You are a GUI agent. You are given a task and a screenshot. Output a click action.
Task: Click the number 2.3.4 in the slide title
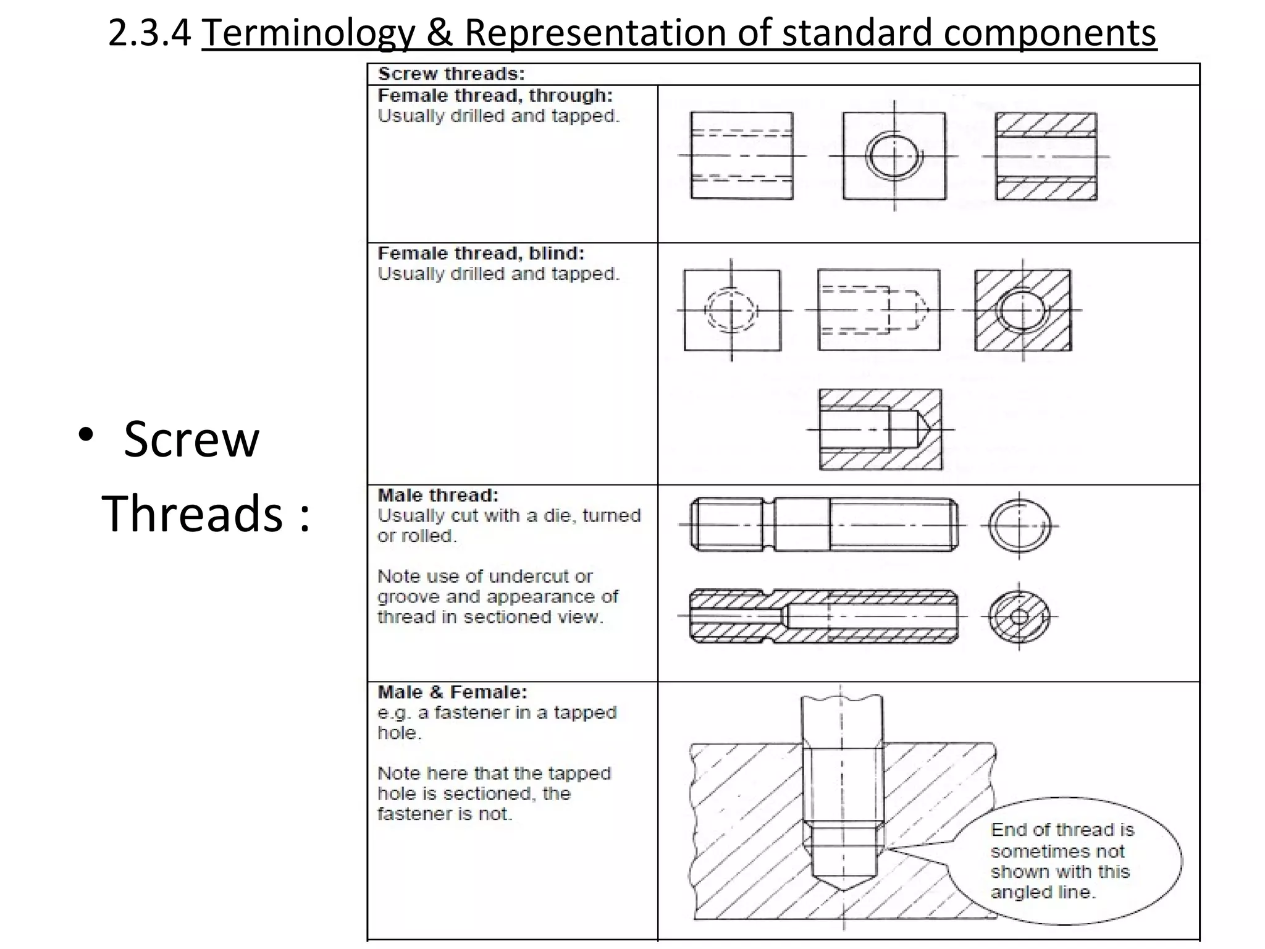(x=149, y=33)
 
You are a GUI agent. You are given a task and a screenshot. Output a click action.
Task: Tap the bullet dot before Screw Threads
(x=86, y=434)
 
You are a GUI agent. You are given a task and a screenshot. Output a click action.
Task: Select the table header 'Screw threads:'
(x=452, y=74)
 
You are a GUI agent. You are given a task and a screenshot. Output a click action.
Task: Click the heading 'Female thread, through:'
(x=495, y=96)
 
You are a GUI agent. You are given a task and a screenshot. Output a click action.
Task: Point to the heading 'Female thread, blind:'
(x=481, y=253)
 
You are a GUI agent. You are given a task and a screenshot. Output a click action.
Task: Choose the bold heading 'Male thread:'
(x=438, y=496)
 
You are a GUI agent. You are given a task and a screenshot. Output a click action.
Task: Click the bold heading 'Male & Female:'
(x=452, y=693)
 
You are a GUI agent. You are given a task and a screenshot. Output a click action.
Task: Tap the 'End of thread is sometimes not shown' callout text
(x=1061, y=861)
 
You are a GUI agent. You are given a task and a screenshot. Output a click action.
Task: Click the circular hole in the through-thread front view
(x=894, y=156)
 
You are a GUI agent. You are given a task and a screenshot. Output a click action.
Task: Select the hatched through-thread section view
(x=1046, y=156)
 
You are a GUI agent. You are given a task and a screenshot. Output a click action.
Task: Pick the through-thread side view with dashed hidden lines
(x=741, y=156)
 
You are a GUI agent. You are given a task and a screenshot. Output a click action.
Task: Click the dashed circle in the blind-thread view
(x=731, y=310)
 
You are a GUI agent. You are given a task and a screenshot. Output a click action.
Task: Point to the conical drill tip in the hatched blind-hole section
(x=920, y=429)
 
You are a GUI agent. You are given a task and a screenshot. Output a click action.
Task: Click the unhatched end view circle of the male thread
(x=1019, y=526)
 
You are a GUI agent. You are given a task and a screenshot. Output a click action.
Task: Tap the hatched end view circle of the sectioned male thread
(x=1019, y=617)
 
